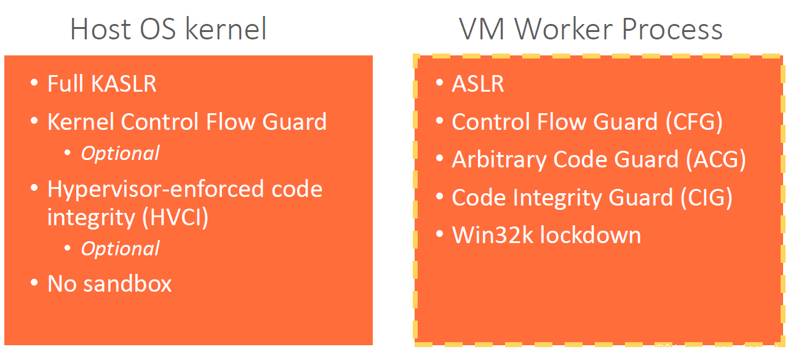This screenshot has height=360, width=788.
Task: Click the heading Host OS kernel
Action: tap(169, 29)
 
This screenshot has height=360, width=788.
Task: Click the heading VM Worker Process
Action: tap(591, 29)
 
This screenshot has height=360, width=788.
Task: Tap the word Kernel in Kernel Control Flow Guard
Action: tap(81, 122)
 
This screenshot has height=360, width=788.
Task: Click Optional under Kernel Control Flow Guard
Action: tap(121, 153)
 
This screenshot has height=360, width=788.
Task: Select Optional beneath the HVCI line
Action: tap(121, 249)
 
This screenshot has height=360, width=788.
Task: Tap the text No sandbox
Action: tap(109, 284)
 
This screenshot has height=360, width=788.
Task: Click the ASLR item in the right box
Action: tap(478, 84)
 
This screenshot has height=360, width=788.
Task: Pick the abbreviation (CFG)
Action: tap(693, 122)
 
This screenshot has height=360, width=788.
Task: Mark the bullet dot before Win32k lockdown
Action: tap(439, 235)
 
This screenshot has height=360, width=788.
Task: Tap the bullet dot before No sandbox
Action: tap(34, 284)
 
